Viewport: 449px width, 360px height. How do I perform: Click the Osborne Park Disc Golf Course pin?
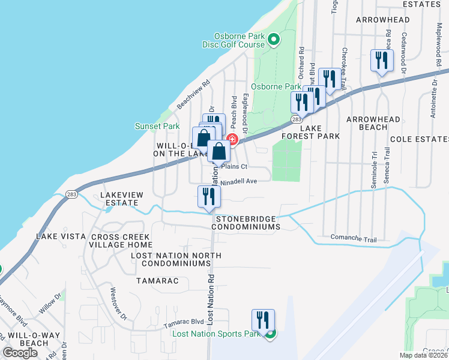pyautogui.click(x=274, y=40)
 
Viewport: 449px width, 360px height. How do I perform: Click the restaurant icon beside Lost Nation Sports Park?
pyautogui.click(x=263, y=320)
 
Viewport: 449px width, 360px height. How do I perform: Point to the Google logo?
pyautogui.click(x=20, y=353)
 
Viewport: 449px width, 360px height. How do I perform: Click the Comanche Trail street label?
pyautogui.click(x=353, y=238)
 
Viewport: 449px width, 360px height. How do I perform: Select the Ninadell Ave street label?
pyautogui.click(x=240, y=181)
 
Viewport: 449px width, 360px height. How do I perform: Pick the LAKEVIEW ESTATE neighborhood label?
pyautogui.click(x=119, y=199)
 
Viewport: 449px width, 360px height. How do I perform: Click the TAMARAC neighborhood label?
pyautogui.click(x=152, y=280)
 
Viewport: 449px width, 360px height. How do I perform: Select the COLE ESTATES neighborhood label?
pyautogui.click(x=419, y=139)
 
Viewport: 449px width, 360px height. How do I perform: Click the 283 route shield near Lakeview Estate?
pyautogui.click(x=71, y=194)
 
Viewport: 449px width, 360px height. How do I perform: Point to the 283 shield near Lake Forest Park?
pyautogui.click(x=297, y=119)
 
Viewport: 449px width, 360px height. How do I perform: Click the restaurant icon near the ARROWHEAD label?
pyautogui.click(x=382, y=60)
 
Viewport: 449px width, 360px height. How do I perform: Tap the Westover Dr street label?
pyautogui.click(x=119, y=304)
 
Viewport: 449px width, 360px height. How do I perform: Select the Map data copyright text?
pyautogui.click(x=424, y=355)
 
